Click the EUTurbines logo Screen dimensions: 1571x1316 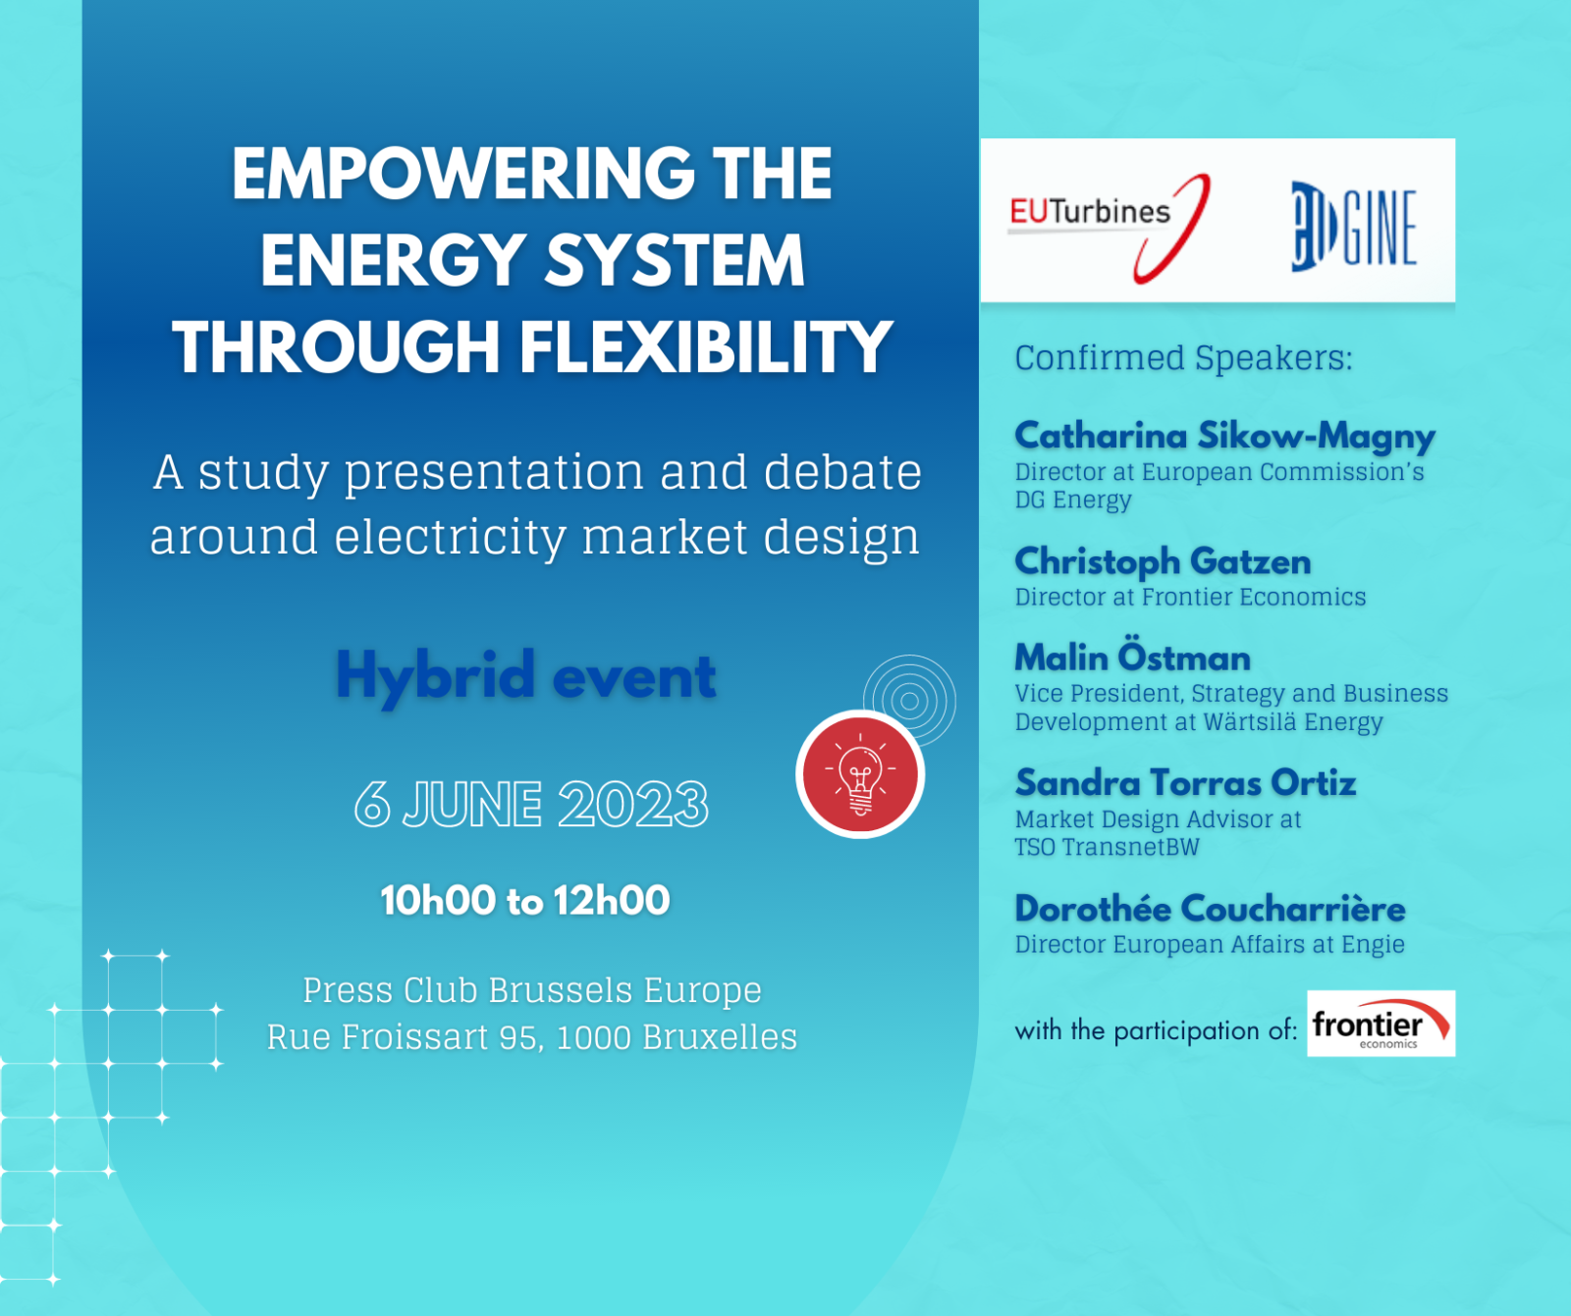click(x=1110, y=227)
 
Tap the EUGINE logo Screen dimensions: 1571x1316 click(x=1353, y=226)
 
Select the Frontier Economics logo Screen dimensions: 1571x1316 click(x=1381, y=1024)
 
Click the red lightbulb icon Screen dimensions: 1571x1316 click(x=860, y=774)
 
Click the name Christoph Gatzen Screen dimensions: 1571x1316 click(x=1163, y=561)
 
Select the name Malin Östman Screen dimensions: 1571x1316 click(x=1132, y=656)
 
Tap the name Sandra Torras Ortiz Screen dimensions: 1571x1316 click(x=1185, y=782)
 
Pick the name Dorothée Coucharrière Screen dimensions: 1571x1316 click(x=1210, y=908)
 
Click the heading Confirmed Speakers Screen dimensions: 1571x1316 click(x=1183, y=358)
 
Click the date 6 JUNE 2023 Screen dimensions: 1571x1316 click(x=531, y=805)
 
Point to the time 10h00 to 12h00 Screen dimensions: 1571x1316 click(x=525, y=900)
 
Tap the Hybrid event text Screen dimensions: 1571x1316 click(x=526, y=676)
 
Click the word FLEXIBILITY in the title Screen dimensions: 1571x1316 click(x=705, y=347)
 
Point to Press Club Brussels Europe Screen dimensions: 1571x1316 click(x=532, y=990)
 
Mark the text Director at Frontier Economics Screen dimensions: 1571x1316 click(x=1190, y=597)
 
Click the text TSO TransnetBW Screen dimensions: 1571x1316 click(x=1107, y=847)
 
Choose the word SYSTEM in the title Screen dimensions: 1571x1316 click(x=675, y=260)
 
